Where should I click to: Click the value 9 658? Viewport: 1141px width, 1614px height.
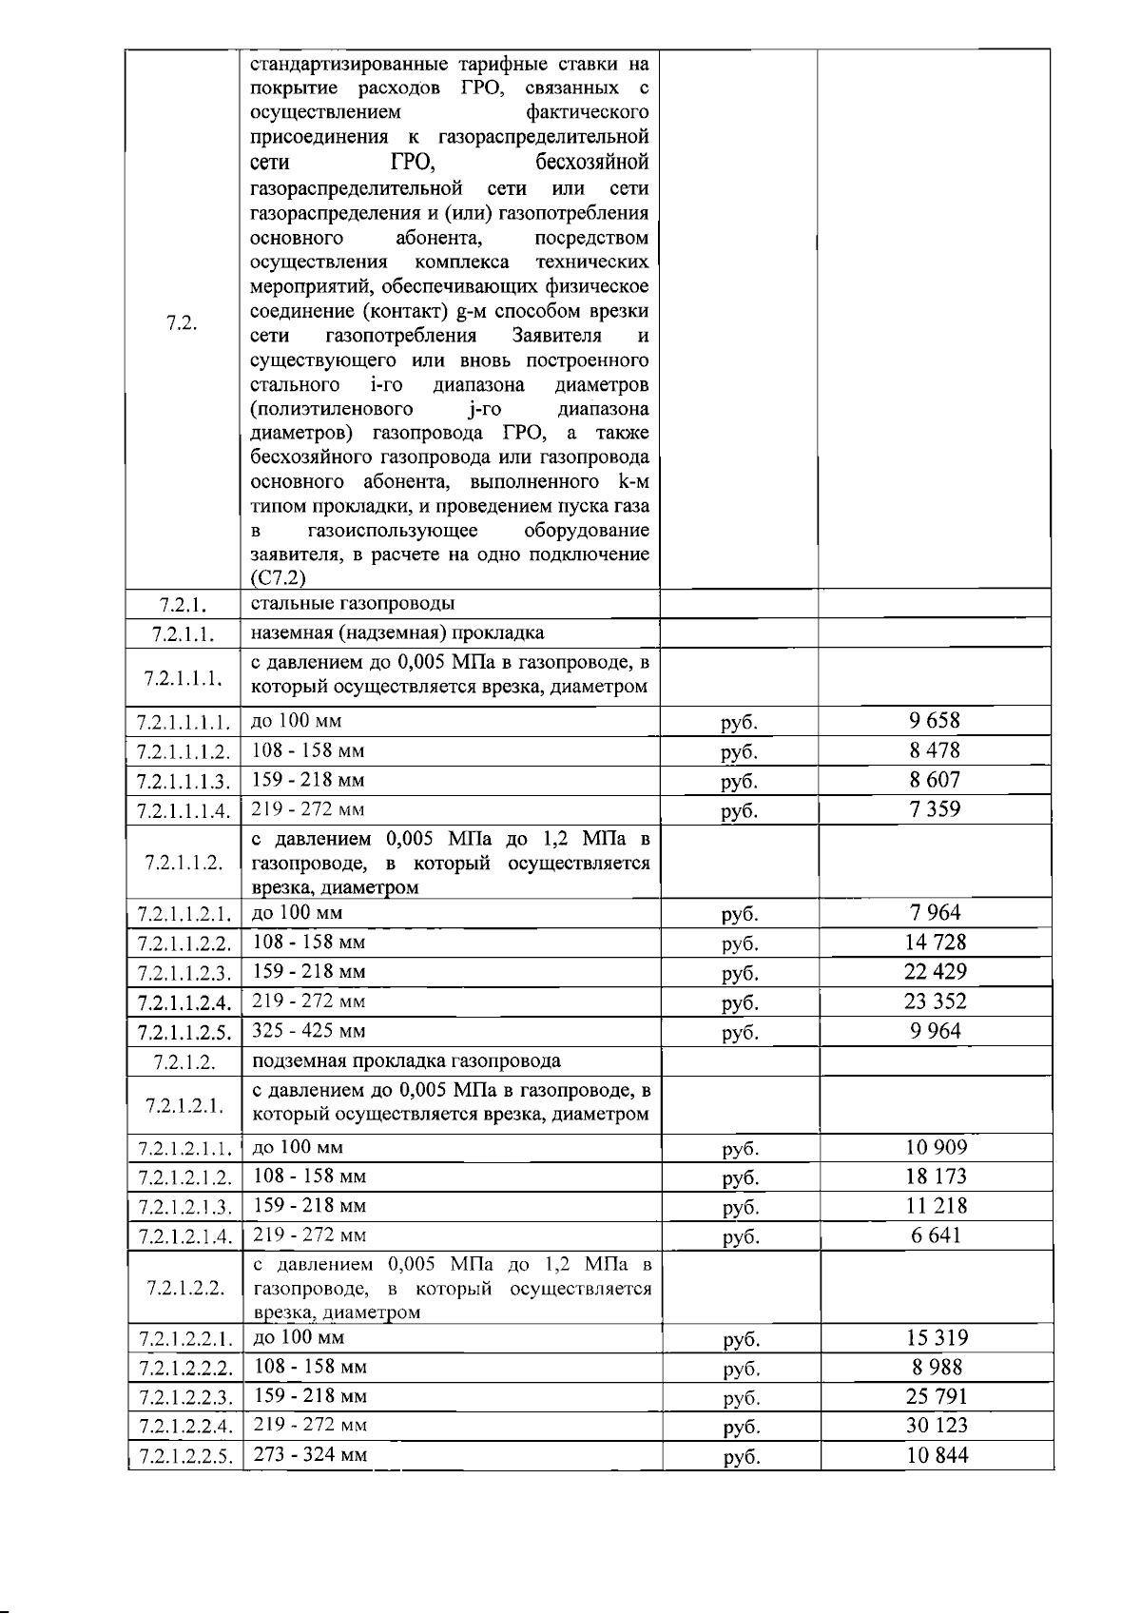click(935, 721)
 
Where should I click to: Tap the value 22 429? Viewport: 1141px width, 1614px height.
click(935, 972)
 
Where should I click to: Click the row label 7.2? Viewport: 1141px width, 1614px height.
click(182, 323)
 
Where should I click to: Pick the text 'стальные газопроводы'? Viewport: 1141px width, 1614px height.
click(353, 604)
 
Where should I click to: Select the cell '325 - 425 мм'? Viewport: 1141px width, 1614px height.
click(309, 1031)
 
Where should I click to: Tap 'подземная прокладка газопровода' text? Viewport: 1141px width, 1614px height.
click(406, 1061)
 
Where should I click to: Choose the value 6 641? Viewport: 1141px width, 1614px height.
click(936, 1235)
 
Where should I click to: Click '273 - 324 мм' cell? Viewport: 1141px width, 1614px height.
click(311, 1455)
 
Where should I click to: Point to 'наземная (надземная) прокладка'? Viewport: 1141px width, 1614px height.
click(397, 633)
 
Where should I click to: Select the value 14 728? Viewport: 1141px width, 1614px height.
click(936, 943)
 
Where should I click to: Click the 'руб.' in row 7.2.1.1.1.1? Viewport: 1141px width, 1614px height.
click(740, 723)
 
